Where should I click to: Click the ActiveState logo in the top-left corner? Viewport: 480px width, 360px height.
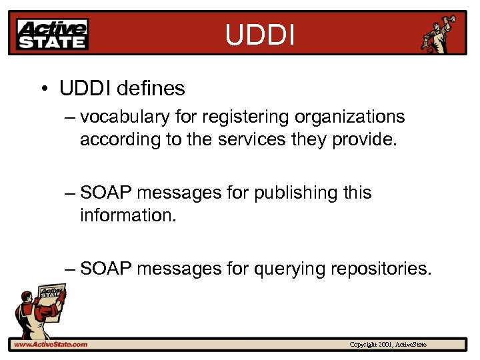click(53, 34)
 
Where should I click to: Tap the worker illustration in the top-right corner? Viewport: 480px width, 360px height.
click(441, 33)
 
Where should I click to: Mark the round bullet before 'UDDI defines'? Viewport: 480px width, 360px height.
click(43, 89)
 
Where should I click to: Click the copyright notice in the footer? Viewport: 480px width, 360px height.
click(387, 345)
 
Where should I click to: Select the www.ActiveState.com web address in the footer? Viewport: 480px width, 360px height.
click(50, 345)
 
